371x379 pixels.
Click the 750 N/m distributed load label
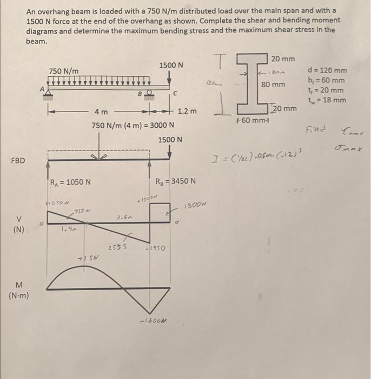(63, 71)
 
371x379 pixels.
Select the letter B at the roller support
(138, 93)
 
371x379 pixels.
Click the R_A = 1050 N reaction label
(71, 181)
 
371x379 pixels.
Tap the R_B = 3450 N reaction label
(175, 181)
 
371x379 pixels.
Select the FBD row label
(19, 161)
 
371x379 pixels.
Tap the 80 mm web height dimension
(273, 84)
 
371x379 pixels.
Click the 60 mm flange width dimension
(250, 120)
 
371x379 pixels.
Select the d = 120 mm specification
(327, 71)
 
